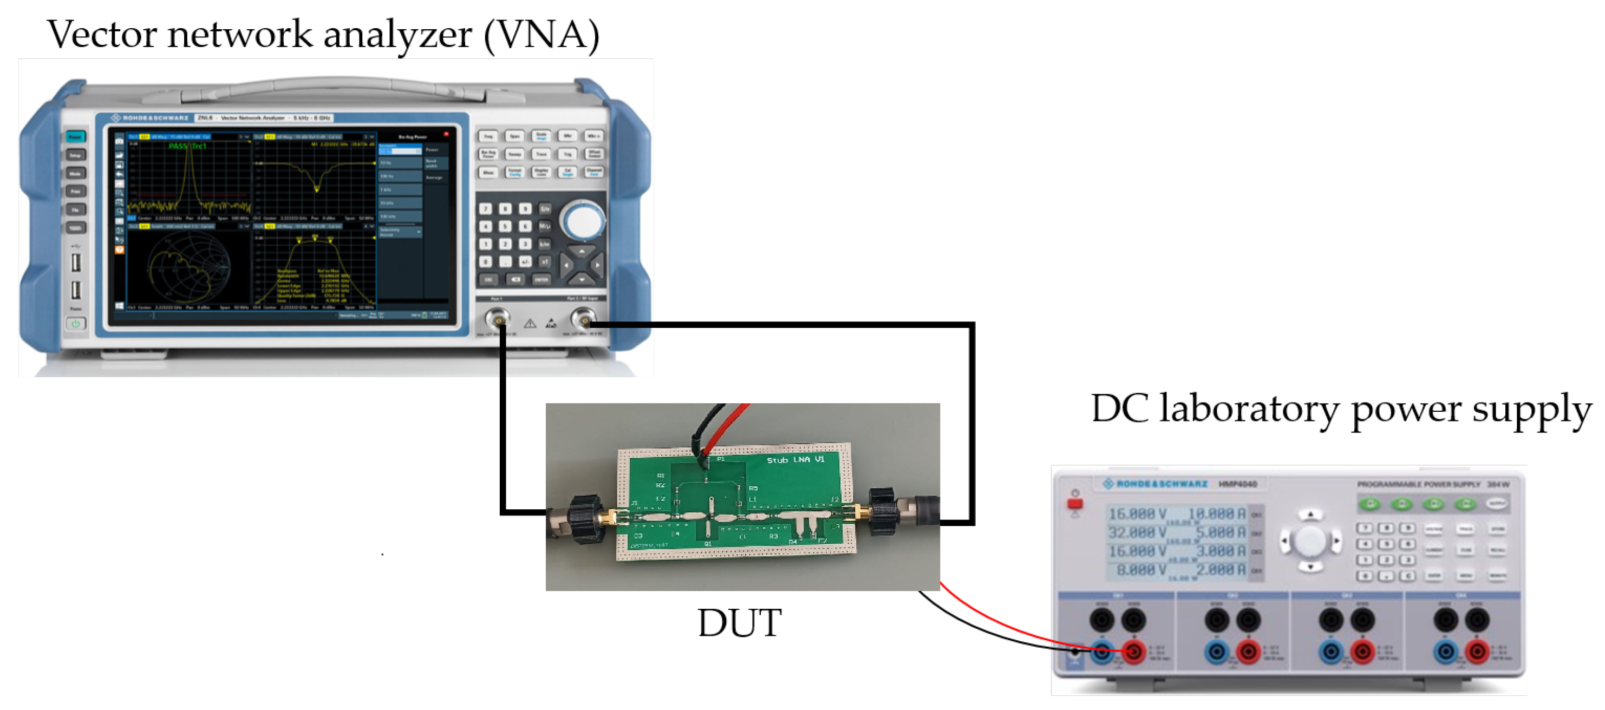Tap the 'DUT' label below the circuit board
point(739,623)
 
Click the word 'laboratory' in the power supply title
point(1249,410)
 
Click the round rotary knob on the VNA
point(583,222)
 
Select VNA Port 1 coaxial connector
point(498,320)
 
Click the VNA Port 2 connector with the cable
point(583,320)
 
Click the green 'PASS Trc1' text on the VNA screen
point(187,146)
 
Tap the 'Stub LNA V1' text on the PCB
point(795,459)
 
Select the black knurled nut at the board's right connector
point(883,512)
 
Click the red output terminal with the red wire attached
point(1133,652)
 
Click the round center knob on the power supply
point(1310,541)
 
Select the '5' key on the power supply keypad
point(1386,544)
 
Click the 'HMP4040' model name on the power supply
point(1237,484)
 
